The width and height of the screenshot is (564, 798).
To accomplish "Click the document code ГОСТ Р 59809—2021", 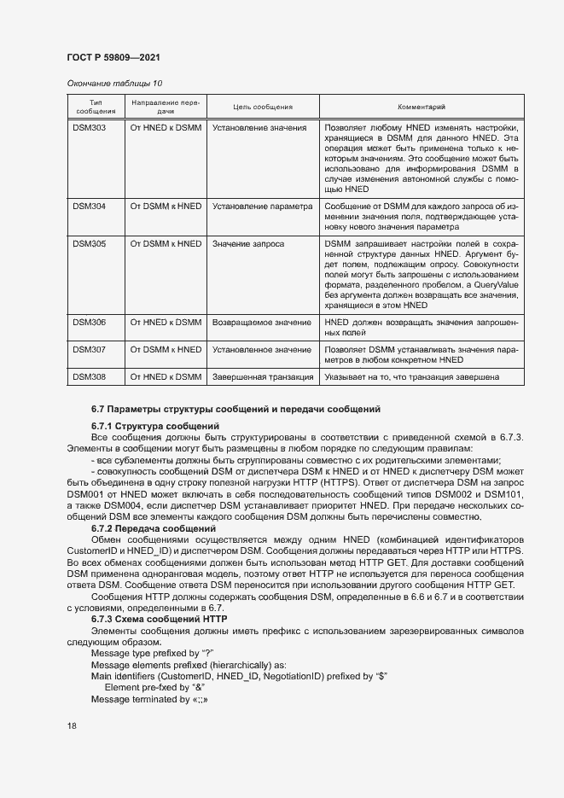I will tap(113, 57).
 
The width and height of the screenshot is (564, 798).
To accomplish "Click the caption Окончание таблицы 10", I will tap(113, 83).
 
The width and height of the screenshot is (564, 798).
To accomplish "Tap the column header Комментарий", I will tap(422, 107).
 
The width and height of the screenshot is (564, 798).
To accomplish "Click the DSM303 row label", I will tap(89, 128).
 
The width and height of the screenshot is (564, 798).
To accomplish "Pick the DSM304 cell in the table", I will tap(89, 207).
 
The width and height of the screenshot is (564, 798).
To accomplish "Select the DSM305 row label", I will tap(89, 244).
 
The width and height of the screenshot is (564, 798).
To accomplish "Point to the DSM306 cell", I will tap(89, 323).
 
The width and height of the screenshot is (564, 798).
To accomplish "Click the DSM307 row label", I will tap(89, 350).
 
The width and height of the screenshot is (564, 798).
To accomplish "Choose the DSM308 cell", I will tap(89, 376).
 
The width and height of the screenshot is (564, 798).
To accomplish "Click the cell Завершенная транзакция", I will tap(263, 376).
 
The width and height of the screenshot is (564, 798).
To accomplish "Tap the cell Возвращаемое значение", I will tap(261, 323).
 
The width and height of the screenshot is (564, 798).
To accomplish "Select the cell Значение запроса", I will tap(248, 244).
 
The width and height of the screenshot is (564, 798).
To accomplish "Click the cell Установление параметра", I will tap(262, 207).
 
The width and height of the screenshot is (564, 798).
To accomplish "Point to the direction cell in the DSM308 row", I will tap(166, 376).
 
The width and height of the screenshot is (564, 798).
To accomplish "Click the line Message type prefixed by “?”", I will tap(152, 653).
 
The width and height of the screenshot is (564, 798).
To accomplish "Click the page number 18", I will tap(72, 725).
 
